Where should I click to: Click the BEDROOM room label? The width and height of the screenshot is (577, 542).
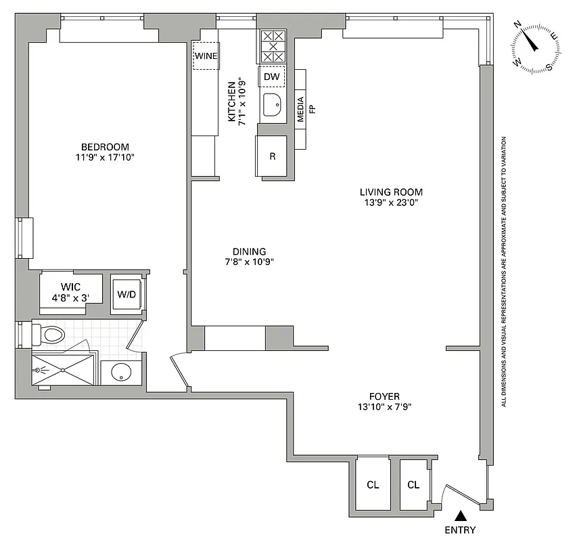pyautogui.click(x=105, y=147)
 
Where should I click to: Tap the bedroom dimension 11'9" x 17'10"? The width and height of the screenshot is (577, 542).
pyautogui.click(x=105, y=159)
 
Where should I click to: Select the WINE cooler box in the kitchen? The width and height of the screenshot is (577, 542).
pyautogui.click(x=206, y=56)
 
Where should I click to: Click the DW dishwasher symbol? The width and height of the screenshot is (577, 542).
pyautogui.click(x=271, y=77)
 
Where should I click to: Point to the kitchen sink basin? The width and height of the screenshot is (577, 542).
pyautogui.click(x=273, y=106)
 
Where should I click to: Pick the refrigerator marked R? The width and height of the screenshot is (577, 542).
pyautogui.click(x=272, y=157)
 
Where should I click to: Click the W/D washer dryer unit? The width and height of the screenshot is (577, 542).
pyautogui.click(x=126, y=294)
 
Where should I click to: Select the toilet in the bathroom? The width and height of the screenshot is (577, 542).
pyautogui.click(x=51, y=334)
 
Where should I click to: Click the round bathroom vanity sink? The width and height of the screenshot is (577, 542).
pyautogui.click(x=121, y=372)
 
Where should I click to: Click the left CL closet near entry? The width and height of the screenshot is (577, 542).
pyautogui.click(x=373, y=485)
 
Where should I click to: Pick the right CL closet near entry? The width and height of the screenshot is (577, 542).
pyautogui.click(x=413, y=485)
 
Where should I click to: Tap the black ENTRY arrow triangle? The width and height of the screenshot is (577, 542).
pyautogui.click(x=460, y=516)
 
